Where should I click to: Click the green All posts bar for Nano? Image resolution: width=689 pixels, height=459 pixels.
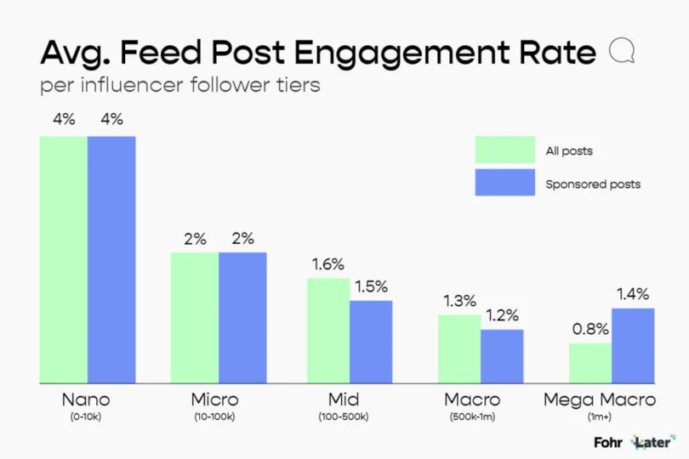(x=64, y=259)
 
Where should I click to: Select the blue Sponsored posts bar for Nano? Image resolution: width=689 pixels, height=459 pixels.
(x=111, y=259)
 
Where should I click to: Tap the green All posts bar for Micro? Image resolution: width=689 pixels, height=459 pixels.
(x=195, y=317)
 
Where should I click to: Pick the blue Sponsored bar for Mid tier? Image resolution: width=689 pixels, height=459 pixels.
(x=371, y=341)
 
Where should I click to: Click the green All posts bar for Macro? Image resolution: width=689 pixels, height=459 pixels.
(x=459, y=348)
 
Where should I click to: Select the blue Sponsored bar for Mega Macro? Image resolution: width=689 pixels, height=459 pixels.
(x=633, y=345)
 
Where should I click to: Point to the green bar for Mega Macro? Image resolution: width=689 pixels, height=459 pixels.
(x=590, y=363)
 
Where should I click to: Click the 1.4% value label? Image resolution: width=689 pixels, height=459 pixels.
(x=633, y=295)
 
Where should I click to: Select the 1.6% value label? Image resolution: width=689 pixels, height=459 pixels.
(x=327, y=264)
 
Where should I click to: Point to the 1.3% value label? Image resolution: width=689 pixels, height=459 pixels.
(x=458, y=301)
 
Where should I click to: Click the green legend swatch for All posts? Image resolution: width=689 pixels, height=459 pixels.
(x=504, y=150)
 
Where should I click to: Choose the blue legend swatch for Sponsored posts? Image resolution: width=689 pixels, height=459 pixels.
(x=504, y=183)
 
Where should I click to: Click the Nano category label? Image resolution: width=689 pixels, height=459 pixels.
(x=86, y=399)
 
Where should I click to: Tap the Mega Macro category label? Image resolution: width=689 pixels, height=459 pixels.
(x=612, y=399)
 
